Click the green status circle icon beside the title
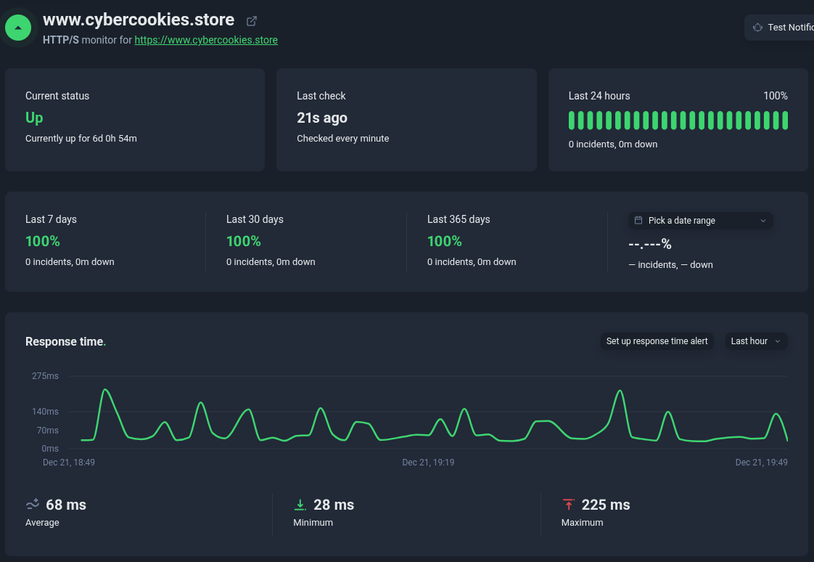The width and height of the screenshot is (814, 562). click(x=18, y=28)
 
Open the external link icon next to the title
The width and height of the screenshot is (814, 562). click(x=252, y=21)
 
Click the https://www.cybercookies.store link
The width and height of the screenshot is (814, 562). click(x=206, y=41)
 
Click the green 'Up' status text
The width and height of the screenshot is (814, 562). click(x=34, y=118)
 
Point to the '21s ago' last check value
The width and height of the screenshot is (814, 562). click(x=322, y=118)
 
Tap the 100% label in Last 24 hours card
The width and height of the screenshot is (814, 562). click(x=775, y=96)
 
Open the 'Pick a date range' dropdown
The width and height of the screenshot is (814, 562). click(x=700, y=221)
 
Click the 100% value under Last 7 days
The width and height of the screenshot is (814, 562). click(x=43, y=241)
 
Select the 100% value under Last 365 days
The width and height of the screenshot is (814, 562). click(x=445, y=241)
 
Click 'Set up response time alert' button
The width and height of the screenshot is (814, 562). click(x=657, y=341)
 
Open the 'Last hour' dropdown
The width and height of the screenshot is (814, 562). click(x=756, y=341)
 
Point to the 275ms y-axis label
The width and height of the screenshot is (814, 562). click(x=45, y=376)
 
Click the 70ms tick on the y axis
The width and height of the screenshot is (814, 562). click(x=47, y=431)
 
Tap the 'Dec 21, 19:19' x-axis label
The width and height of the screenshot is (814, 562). click(x=428, y=463)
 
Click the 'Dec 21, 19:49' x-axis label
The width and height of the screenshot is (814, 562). click(x=761, y=463)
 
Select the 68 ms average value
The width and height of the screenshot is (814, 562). click(x=65, y=505)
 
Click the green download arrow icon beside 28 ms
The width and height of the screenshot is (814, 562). click(x=300, y=505)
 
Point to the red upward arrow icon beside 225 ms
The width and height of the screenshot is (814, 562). click(x=568, y=505)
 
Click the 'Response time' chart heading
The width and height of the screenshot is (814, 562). click(x=64, y=342)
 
